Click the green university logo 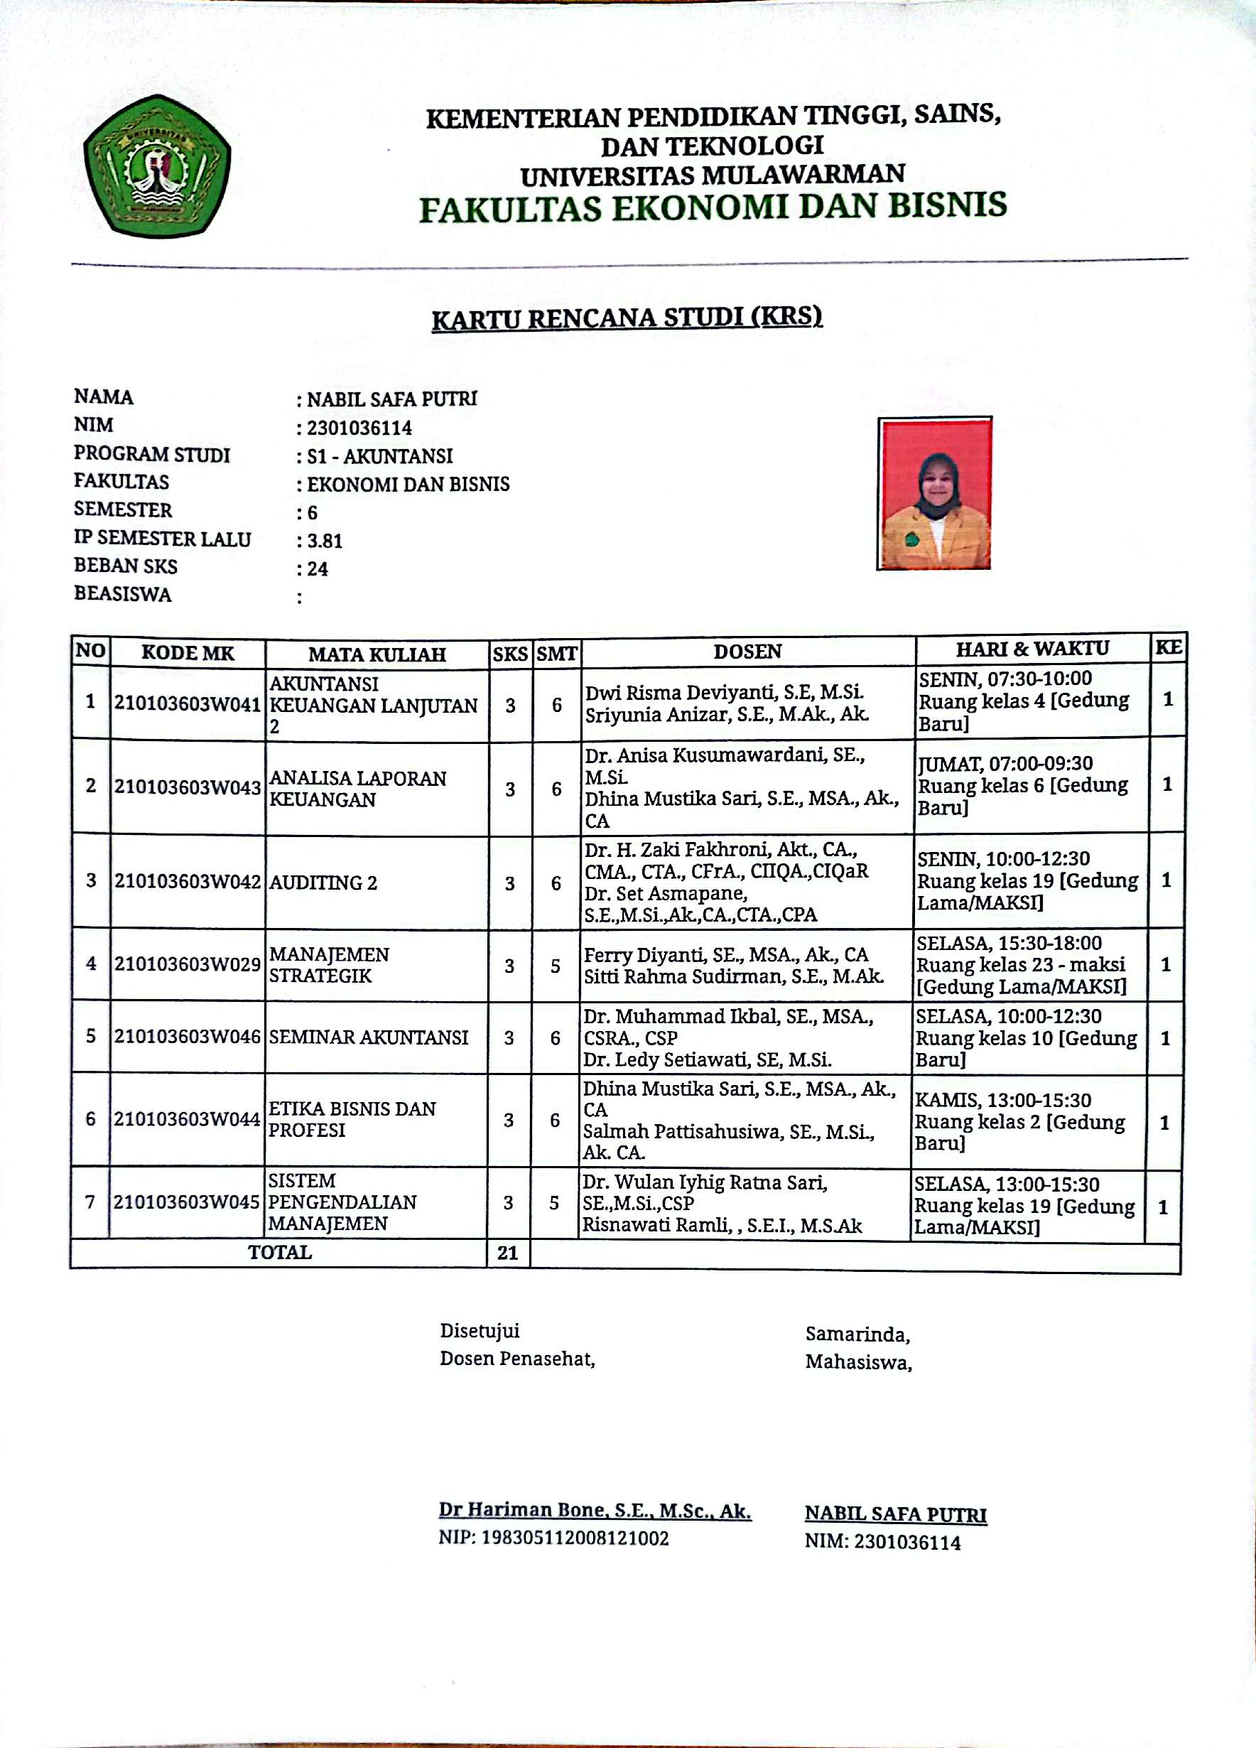click(157, 166)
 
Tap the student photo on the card click(934, 493)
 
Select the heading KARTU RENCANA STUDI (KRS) click(627, 318)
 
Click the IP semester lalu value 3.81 click(325, 541)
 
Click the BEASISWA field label click(122, 594)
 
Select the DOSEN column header click(747, 652)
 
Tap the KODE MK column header click(188, 654)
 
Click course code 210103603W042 click(188, 882)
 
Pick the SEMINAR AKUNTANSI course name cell click(368, 1037)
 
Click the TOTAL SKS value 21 click(507, 1253)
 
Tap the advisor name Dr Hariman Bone click(595, 1510)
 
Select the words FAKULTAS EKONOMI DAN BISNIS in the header click(713, 208)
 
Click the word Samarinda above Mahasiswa click(857, 1334)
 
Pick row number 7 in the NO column click(90, 1202)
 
